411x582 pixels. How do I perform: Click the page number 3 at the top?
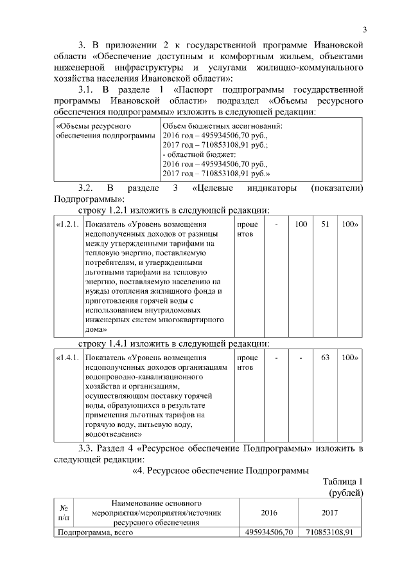[363, 30]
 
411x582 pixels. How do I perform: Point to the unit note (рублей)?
[346, 492]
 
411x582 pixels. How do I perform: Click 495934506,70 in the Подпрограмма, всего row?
[270, 532]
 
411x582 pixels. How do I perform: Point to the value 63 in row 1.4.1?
[325, 358]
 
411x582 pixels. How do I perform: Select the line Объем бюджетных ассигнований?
[223, 127]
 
